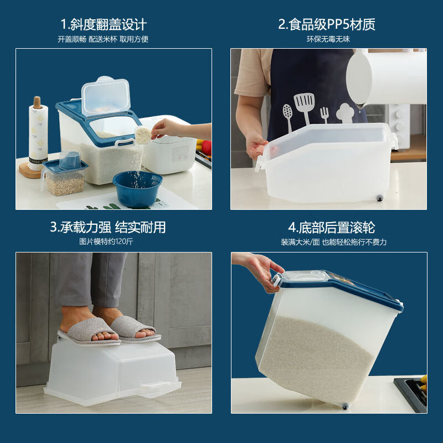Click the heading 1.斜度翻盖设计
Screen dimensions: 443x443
pyautogui.click(x=104, y=24)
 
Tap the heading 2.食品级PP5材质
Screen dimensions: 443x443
pyautogui.click(x=327, y=24)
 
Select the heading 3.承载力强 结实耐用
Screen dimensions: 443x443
pyautogui.click(x=108, y=227)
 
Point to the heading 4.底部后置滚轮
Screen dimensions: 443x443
pyautogui.click(x=332, y=228)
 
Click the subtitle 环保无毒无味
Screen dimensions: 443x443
pyautogui.click(x=328, y=39)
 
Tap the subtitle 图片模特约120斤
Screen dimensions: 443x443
pyautogui.click(x=106, y=241)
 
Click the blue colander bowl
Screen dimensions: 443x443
pyautogui.click(x=137, y=188)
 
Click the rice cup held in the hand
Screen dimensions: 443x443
pyautogui.click(x=143, y=135)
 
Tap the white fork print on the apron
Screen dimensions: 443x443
pyautogui.click(x=324, y=115)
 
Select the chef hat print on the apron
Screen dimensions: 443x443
pyautogui.click(x=345, y=113)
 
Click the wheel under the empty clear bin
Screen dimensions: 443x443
pyautogui.click(x=380, y=198)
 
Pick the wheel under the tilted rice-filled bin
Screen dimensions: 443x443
pyautogui.click(x=345, y=406)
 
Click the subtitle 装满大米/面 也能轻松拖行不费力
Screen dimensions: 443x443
pyautogui.click(x=333, y=242)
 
